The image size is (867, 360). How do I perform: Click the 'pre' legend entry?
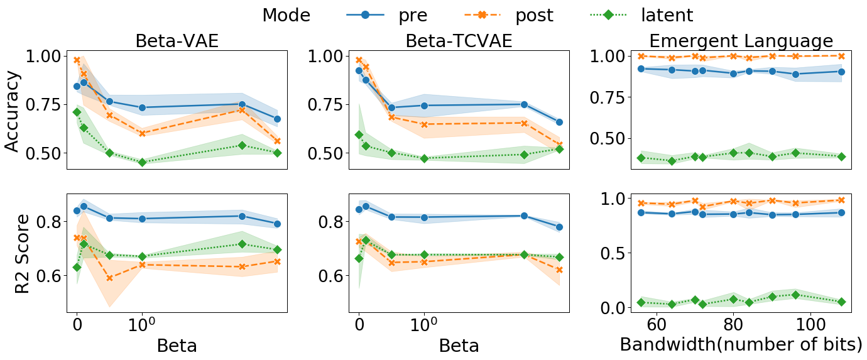(413, 15)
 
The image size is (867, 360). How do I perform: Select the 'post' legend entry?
(534, 15)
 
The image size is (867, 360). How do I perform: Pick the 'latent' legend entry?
(667, 15)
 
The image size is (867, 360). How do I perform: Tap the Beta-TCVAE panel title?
(459, 41)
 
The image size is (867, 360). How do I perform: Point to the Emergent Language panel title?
(741, 41)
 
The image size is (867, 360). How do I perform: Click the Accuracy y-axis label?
(13, 111)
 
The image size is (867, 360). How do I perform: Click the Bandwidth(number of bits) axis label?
(741, 344)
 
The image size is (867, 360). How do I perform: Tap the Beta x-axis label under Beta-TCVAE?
(459, 345)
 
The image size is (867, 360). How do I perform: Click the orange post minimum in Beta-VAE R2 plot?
(109, 278)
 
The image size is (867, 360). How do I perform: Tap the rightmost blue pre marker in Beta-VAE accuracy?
(277, 119)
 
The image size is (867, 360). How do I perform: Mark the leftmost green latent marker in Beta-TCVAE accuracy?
(359, 134)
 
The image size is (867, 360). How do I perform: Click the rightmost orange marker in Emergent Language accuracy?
(841, 56)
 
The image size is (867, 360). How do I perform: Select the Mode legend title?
(286, 15)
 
